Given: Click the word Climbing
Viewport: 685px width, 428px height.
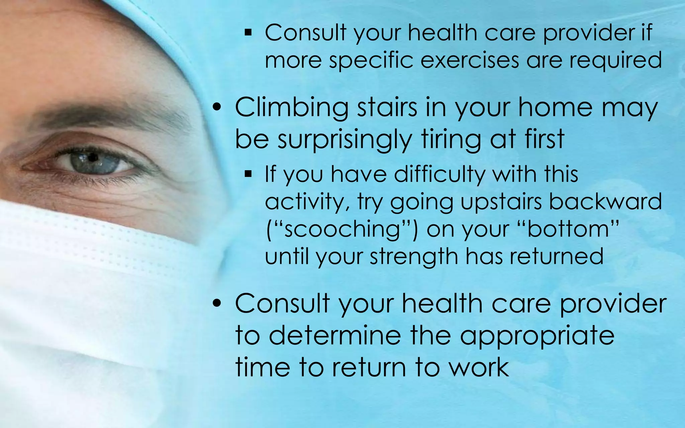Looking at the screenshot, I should [x=291, y=108].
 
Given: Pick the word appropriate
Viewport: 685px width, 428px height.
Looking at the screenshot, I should [x=537, y=336].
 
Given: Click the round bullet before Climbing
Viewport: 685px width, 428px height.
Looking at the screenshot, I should [x=218, y=108].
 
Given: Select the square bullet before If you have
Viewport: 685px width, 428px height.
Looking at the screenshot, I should [x=248, y=174].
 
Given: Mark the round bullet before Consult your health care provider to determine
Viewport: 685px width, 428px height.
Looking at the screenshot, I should [x=218, y=304].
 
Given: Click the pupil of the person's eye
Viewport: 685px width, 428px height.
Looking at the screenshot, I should [x=93, y=157].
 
